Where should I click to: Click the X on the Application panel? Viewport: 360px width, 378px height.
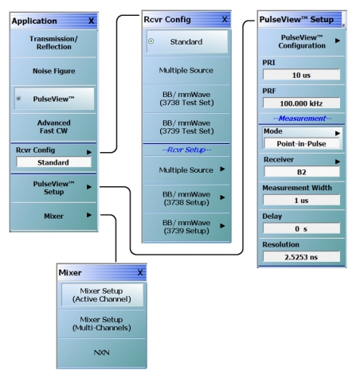[x=91, y=21]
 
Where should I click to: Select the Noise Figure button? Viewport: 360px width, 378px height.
[x=53, y=71]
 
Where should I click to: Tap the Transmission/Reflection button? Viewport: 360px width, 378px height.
[x=53, y=43]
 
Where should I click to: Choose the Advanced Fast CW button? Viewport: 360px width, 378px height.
[x=53, y=127]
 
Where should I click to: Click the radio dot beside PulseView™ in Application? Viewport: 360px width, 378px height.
[x=18, y=99]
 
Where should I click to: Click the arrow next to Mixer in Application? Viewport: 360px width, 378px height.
[x=89, y=215]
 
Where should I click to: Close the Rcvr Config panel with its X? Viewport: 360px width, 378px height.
[x=225, y=19]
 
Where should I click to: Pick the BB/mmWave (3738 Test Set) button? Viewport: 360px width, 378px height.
[x=186, y=99]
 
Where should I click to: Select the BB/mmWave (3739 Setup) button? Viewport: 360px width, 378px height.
[x=186, y=227]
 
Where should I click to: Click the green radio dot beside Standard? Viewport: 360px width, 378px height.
[x=151, y=41]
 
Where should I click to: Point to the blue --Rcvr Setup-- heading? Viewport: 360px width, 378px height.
[x=186, y=150]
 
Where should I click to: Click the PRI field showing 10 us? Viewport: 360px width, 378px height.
[x=301, y=75]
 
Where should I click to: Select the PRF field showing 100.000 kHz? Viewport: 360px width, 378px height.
[x=301, y=103]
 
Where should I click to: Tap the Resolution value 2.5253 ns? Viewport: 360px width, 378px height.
[x=301, y=257]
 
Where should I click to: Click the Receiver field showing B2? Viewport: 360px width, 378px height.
[x=302, y=172]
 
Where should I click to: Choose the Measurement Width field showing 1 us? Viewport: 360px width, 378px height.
[x=301, y=201]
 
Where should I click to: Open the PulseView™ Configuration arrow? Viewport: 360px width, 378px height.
[x=338, y=41]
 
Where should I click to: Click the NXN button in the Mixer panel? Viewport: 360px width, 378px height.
[x=102, y=353]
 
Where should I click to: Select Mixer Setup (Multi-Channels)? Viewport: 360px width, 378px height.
[x=102, y=324]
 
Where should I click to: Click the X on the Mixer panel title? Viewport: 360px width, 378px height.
[x=140, y=272]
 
